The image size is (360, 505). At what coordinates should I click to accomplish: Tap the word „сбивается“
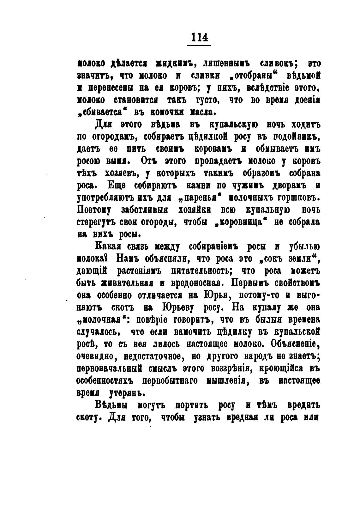click(x=101, y=112)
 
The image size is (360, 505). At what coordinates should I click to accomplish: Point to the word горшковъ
click(x=293, y=198)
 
